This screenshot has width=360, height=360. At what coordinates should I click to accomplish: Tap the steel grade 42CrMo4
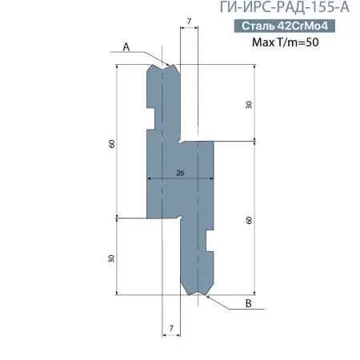[305, 26]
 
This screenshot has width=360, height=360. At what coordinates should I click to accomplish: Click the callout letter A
[126, 47]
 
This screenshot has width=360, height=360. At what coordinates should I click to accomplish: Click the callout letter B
[248, 304]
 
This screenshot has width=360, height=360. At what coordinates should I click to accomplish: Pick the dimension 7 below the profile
[171, 328]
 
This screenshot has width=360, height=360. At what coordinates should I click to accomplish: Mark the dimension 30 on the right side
[250, 105]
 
